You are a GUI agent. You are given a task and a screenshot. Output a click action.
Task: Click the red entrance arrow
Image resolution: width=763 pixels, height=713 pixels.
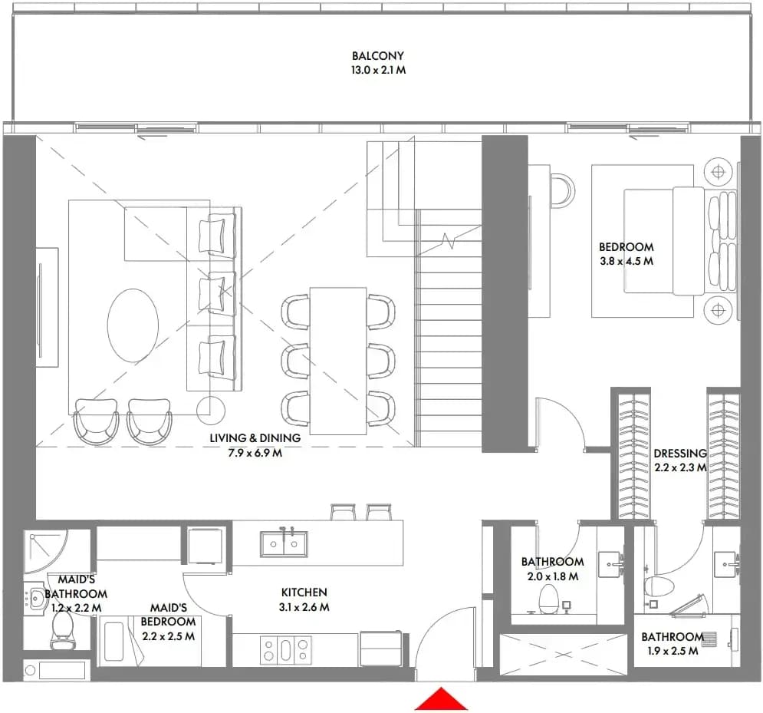441,698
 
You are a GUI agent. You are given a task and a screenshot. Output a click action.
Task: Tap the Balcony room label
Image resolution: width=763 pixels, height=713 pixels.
378,56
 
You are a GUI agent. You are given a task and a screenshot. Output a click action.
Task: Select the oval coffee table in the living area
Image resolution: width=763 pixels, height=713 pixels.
133,325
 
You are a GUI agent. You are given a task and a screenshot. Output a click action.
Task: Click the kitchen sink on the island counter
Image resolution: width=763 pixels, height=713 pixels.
284,543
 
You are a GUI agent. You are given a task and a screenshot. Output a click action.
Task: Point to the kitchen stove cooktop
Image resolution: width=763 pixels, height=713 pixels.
285,650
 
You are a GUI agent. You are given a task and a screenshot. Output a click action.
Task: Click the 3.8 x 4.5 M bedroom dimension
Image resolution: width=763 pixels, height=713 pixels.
627,261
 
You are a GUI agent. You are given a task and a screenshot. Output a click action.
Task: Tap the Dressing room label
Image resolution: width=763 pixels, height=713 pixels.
679,454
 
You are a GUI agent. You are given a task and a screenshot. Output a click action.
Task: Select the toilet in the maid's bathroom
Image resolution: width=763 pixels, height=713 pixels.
62,629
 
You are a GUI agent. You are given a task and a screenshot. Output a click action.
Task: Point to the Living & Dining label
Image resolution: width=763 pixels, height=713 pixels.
255,437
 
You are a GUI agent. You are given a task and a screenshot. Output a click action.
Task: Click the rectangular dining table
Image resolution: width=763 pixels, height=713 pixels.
338,361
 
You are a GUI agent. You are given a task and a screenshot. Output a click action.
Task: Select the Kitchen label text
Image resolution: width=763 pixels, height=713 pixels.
304,593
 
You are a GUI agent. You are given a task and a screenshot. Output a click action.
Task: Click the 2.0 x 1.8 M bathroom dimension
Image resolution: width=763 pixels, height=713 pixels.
553,576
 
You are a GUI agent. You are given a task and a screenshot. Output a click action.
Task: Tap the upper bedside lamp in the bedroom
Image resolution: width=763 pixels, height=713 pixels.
719,172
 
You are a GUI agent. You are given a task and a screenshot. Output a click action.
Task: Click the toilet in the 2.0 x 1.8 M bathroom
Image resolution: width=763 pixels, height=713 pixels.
548,599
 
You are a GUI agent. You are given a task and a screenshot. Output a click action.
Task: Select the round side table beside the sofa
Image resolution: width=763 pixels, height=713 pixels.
211,411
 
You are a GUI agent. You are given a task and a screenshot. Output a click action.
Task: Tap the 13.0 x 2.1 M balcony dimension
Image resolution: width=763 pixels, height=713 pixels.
378,70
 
